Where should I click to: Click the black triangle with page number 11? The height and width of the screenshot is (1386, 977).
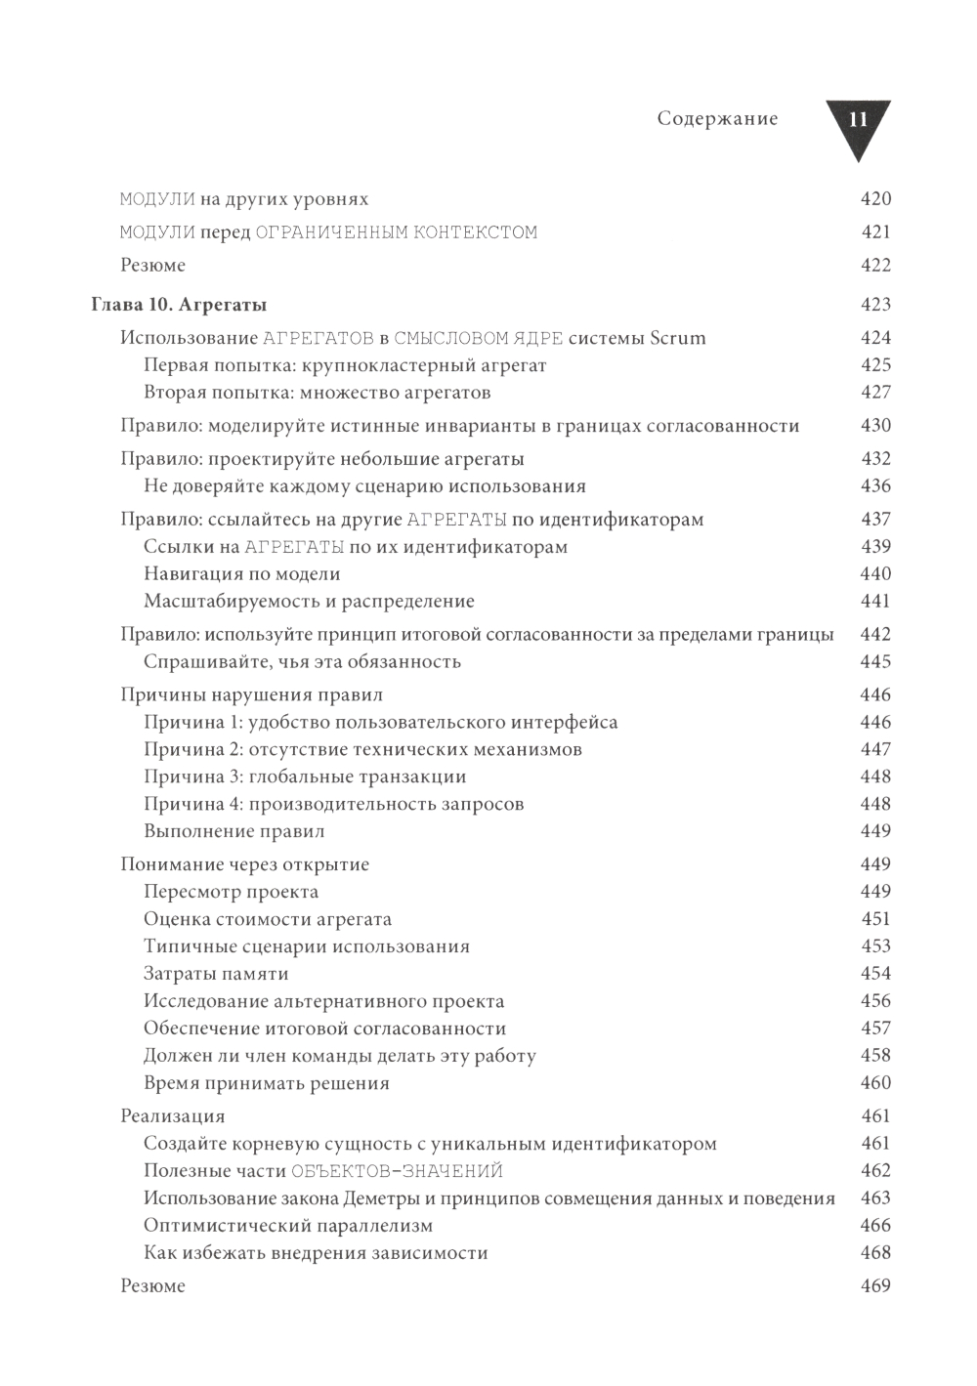859,124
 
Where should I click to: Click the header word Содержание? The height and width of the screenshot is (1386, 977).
718,119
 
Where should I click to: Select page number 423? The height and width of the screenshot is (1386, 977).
875,305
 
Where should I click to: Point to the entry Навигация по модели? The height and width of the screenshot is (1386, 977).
242,574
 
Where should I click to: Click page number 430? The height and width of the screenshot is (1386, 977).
875,426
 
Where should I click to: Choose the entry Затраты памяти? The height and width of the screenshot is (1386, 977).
216,974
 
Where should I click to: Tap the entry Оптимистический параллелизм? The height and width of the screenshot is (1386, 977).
288,1226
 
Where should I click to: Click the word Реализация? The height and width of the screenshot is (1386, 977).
173,1116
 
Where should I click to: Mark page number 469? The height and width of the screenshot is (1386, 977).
875,1286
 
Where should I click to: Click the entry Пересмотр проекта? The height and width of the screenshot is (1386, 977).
232,892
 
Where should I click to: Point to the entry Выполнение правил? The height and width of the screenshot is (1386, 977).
234,831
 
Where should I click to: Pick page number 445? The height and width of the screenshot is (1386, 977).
875,662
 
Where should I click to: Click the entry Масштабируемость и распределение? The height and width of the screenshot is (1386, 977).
309,602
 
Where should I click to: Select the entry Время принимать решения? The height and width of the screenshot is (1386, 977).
267,1083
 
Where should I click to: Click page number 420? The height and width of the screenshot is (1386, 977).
875,199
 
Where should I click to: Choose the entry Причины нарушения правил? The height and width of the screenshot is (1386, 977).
251,695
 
